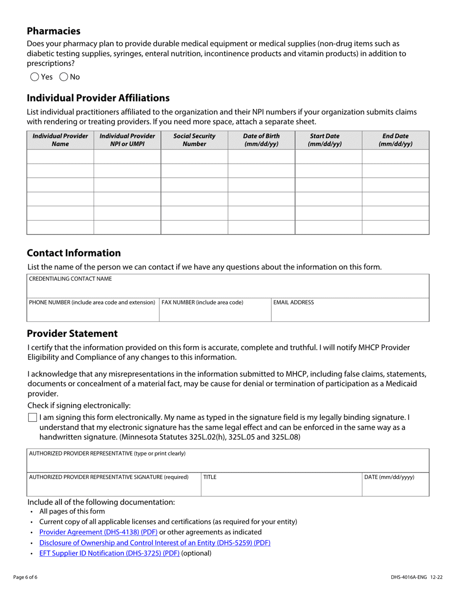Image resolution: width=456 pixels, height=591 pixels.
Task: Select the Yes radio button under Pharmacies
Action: pos(35,77)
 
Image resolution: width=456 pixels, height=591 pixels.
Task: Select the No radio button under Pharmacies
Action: pos(64,77)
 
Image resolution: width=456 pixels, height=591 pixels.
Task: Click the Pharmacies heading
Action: pos(54,31)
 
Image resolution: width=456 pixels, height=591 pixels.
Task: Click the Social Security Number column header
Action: pos(194,140)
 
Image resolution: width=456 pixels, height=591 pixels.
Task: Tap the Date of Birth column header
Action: pos(261,140)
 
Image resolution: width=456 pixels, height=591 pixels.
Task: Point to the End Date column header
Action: pos(395,140)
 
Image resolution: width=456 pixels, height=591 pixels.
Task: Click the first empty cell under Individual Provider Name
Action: pos(60,157)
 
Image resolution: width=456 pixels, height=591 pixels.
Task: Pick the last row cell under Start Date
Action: pos(328,227)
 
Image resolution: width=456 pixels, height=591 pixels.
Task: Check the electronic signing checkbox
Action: pos(32,418)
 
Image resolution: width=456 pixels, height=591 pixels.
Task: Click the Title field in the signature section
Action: pos(281,487)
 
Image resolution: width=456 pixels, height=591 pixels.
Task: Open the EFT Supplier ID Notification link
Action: pos(109,553)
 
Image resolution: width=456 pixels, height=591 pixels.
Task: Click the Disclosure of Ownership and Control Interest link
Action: pos(155,542)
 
